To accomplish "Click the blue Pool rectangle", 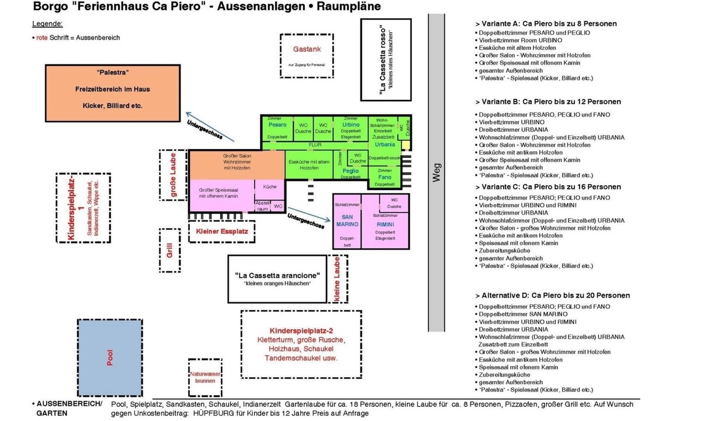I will click(x=110, y=357).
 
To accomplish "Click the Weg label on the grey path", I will click(x=436, y=172).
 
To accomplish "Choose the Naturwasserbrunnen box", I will click(x=202, y=377).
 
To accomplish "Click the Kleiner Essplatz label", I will click(x=222, y=232).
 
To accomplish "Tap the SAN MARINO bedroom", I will click(x=346, y=220).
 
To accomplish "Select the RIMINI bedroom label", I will click(x=385, y=225).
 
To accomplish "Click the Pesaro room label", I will click(x=277, y=125).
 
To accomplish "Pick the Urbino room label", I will click(x=350, y=125).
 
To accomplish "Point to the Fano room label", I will click(x=384, y=177).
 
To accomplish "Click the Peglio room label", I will click(x=350, y=171).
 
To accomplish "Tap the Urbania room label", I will click(x=385, y=144).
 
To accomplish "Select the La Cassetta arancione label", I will click(x=277, y=275).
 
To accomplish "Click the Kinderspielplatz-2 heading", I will click(x=301, y=331).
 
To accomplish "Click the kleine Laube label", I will click(x=337, y=281).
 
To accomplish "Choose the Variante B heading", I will click(x=549, y=102).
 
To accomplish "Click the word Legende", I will click(x=47, y=24).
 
